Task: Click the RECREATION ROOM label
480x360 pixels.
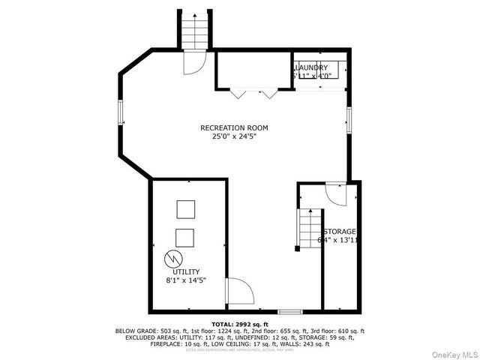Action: point(234,127)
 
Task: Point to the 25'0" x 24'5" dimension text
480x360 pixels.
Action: point(234,136)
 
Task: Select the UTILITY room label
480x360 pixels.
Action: point(187,271)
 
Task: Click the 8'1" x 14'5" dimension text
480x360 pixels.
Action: point(187,280)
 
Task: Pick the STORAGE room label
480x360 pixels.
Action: point(339,231)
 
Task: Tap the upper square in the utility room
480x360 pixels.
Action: point(185,208)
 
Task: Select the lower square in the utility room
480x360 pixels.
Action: point(185,236)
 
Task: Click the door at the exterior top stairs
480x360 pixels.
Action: point(192,63)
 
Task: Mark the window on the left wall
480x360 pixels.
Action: point(120,113)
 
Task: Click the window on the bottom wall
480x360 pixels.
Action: point(289,310)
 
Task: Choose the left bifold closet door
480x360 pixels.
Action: point(238,94)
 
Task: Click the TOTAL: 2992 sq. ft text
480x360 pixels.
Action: point(239,323)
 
